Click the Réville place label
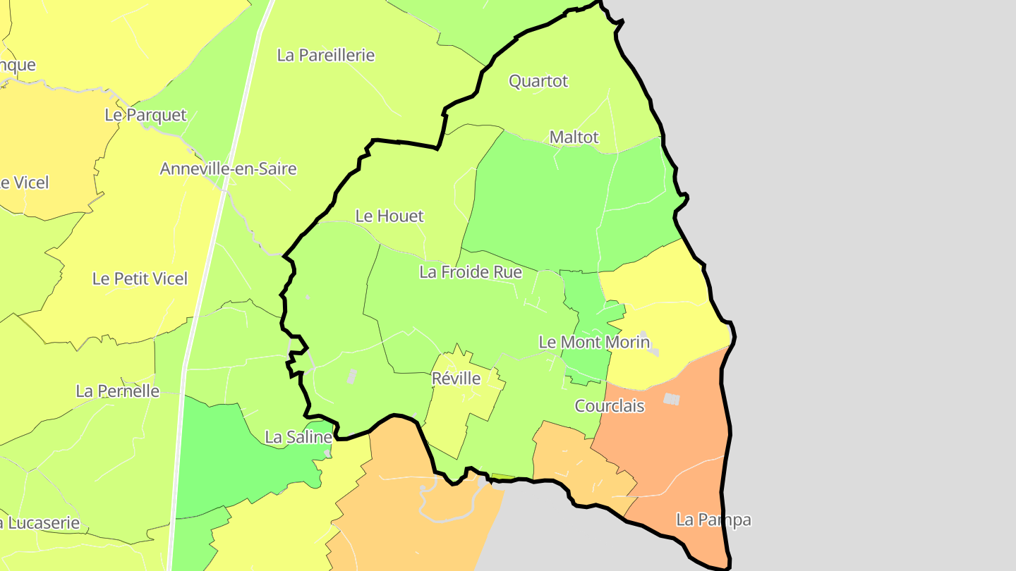(456, 379)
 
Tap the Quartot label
(538, 81)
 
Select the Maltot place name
(574, 137)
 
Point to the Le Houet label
(389, 216)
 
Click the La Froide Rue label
(471, 271)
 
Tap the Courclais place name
(610, 406)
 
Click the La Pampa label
(713, 520)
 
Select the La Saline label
(298, 437)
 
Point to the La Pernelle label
(118, 391)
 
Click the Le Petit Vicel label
(140, 278)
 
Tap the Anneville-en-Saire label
(228, 168)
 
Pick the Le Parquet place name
(145, 115)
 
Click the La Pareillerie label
(325, 55)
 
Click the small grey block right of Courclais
(671, 399)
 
